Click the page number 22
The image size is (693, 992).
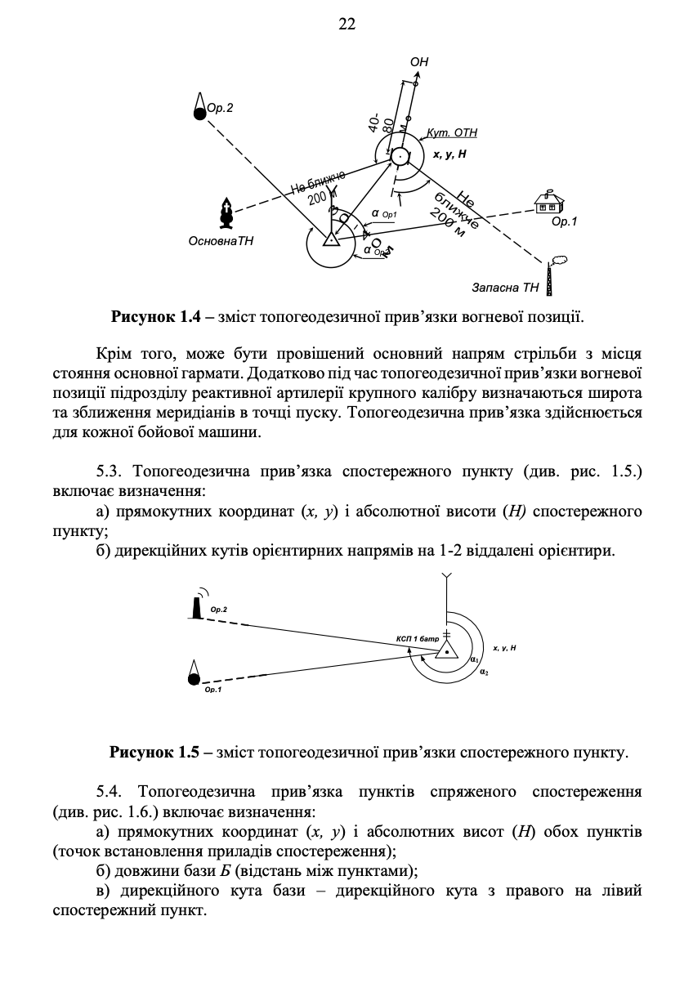click(x=346, y=25)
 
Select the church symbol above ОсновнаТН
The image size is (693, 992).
click(x=227, y=213)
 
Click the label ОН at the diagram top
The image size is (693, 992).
click(x=418, y=61)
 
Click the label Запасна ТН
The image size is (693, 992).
click(x=506, y=288)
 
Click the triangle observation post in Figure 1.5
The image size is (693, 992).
click(x=446, y=649)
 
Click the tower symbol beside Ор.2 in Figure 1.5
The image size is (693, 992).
click(x=196, y=605)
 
